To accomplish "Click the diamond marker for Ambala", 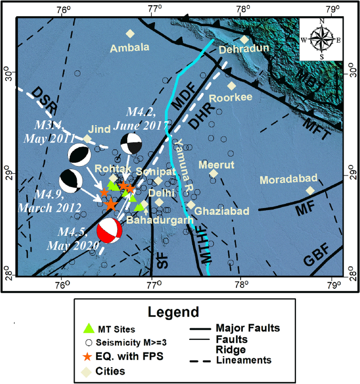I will click(130, 34).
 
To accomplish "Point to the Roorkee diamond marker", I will click(232, 86).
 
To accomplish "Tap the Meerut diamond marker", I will click(213, 174).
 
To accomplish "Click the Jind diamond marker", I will click(87, 139).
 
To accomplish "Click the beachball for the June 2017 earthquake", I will click(130, 144).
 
